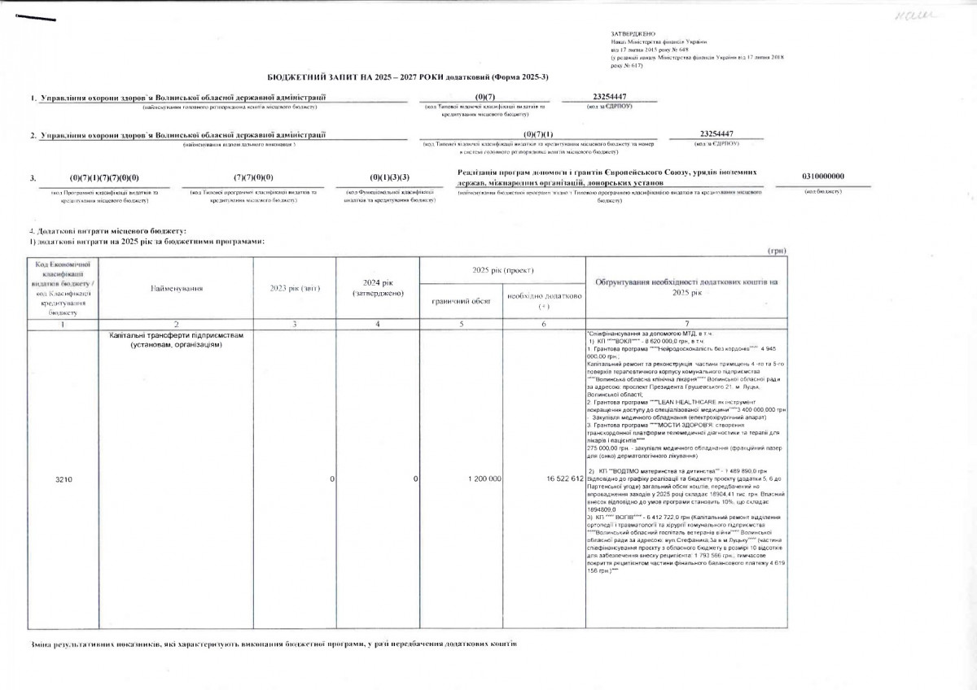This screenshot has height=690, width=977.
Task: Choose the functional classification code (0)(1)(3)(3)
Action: [x=389, y=177]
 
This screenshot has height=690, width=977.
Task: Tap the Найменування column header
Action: [x=176, y=288]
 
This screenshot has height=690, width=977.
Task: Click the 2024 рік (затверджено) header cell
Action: [x=379, y=288]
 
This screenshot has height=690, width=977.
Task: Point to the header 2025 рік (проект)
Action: [x=502, y=269]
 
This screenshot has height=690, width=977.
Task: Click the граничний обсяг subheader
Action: [x=461, y=301]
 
